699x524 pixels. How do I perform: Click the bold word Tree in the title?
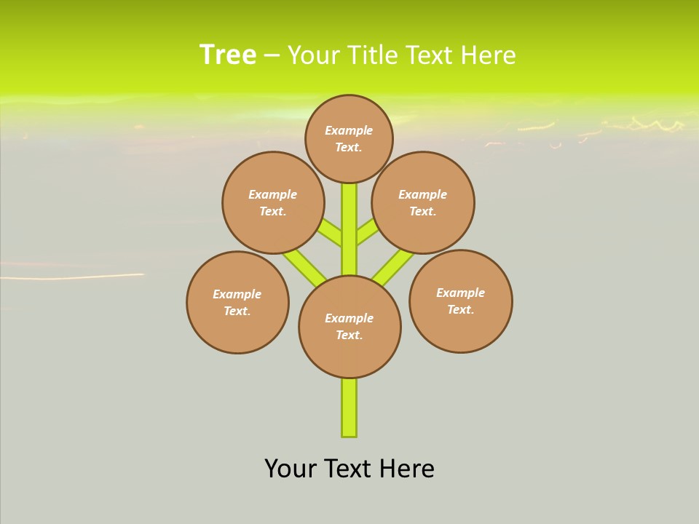[x=228, y=55]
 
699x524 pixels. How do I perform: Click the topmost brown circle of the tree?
[x=349, y=138]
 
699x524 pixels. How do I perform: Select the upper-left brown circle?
[x=273, y=202]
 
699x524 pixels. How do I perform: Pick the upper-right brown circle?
[x=423, y=202]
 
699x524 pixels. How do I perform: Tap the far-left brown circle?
[x=237, y=302]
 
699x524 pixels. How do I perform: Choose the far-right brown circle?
[x=460, y=301]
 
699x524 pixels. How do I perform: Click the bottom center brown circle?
[x=349, y=327]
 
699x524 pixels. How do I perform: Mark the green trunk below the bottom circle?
[x=349, y=408]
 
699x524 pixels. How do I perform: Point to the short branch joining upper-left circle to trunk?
[x=331, y=233]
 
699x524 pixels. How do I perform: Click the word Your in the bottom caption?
[x=291, y=469]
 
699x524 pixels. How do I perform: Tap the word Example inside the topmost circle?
[x=349, y=130]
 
